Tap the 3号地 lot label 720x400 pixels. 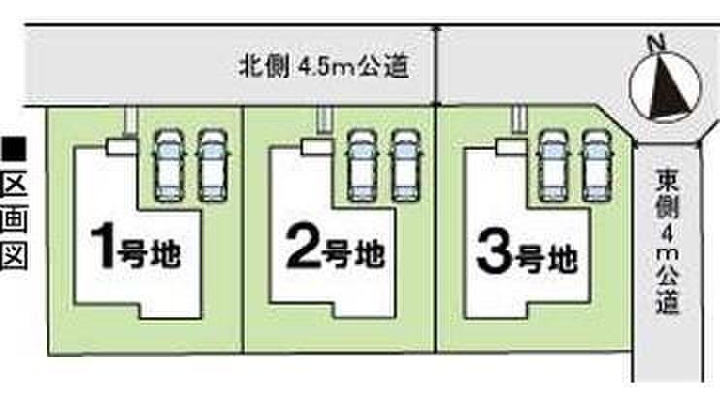point(527,252)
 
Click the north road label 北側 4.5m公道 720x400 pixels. point(323,67)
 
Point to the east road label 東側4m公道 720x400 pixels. point(668,240)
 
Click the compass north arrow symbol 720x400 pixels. point(665,87)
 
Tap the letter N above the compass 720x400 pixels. point(656,43)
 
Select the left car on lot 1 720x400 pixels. point(170,165)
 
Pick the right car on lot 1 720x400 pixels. point(213,165)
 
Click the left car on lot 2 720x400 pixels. point(362,165)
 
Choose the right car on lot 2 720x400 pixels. point(406,165)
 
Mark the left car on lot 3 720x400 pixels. point(553,165)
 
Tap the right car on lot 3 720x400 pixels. point(597,165)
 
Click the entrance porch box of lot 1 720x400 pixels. point(121,147)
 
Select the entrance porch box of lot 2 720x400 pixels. point(316,147)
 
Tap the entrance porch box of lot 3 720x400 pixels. point(511,147)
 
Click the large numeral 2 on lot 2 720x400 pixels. point(303,248)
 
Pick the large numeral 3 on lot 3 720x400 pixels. point(494,252)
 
